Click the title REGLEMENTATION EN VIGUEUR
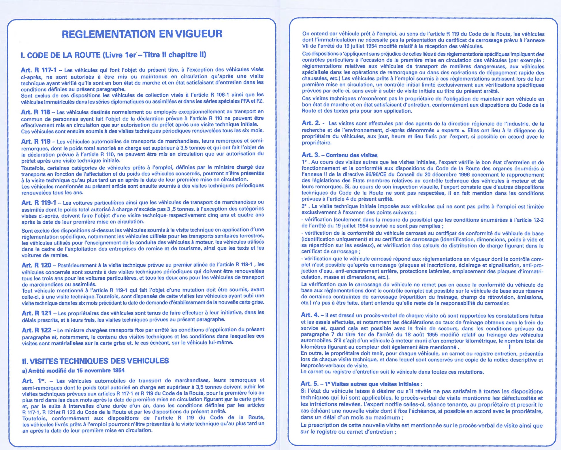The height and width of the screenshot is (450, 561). point(142,34)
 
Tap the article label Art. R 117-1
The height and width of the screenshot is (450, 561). point(38,70)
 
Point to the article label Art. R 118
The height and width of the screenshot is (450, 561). point(35,112)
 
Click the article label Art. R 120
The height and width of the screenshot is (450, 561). point(36,265)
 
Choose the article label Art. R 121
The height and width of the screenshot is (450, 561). point(37,313)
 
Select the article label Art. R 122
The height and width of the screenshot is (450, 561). point(37,330)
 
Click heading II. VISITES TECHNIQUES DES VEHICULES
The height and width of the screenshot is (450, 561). point(95,361)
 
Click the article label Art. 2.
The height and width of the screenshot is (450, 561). point(311,123)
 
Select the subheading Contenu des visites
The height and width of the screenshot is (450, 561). point(352,155)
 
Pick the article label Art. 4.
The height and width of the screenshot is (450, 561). point(310,315)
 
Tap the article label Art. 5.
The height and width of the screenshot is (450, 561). point(310,384)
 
